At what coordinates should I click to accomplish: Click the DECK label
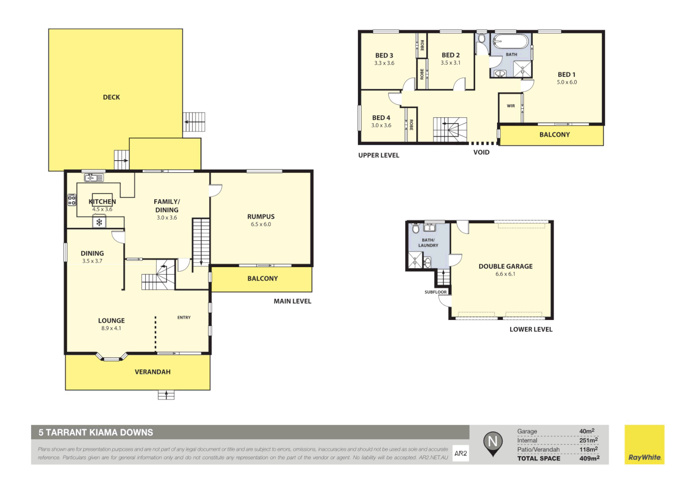point(111,97)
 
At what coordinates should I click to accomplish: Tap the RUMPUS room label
point(261,217)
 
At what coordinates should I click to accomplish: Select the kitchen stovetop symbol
point(72,200)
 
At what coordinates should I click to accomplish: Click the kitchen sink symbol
point(94,178)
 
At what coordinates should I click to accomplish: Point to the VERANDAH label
point(152,372)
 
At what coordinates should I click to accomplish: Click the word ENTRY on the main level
point(184,318)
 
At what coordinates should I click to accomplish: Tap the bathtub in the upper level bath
point(511,42)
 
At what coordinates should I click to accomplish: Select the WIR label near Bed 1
point(511,106)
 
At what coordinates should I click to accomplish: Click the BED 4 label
point(381,118)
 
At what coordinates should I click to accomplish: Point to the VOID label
point(481,152)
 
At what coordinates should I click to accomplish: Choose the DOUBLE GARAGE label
point(505,267)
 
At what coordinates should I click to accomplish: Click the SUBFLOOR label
point(435,292)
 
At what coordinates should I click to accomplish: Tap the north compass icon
point(493,443)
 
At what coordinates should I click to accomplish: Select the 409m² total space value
point(589,458)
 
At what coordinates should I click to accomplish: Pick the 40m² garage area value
point(587,431)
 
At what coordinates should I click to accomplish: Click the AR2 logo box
point(461,453)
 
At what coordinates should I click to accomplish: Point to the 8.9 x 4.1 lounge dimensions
point(111,328)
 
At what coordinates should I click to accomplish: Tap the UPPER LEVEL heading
point(378,156)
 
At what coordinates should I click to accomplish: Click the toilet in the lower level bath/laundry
point(416,228)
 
